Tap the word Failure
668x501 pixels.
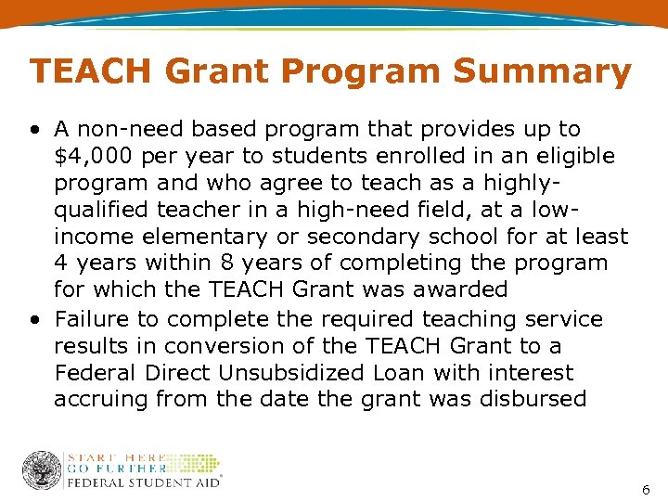pos(93,318)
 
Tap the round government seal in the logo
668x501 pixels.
pos(42,469)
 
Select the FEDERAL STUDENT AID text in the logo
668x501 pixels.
pos(144,482)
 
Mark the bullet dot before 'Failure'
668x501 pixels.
pos(34,320)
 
